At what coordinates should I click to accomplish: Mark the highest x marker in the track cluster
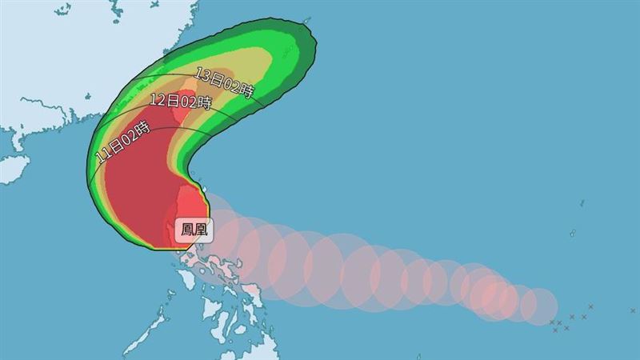coord(590,306)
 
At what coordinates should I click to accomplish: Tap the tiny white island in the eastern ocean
coord(573,234)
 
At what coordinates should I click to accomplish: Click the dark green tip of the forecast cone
coord(310,48)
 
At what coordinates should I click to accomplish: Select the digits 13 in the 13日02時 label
coord(202,75)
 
